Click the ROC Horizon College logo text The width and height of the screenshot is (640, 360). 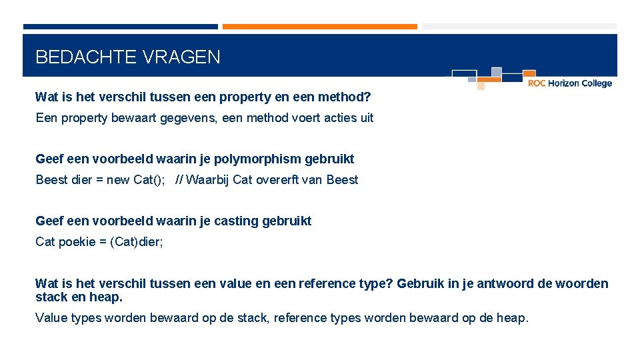[569, 83]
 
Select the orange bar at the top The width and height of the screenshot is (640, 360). [319, 27]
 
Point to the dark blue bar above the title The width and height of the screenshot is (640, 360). [120, 27]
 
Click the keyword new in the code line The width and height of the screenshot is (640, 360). [119, 180]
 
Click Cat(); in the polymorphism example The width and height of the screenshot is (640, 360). [149, 180]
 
